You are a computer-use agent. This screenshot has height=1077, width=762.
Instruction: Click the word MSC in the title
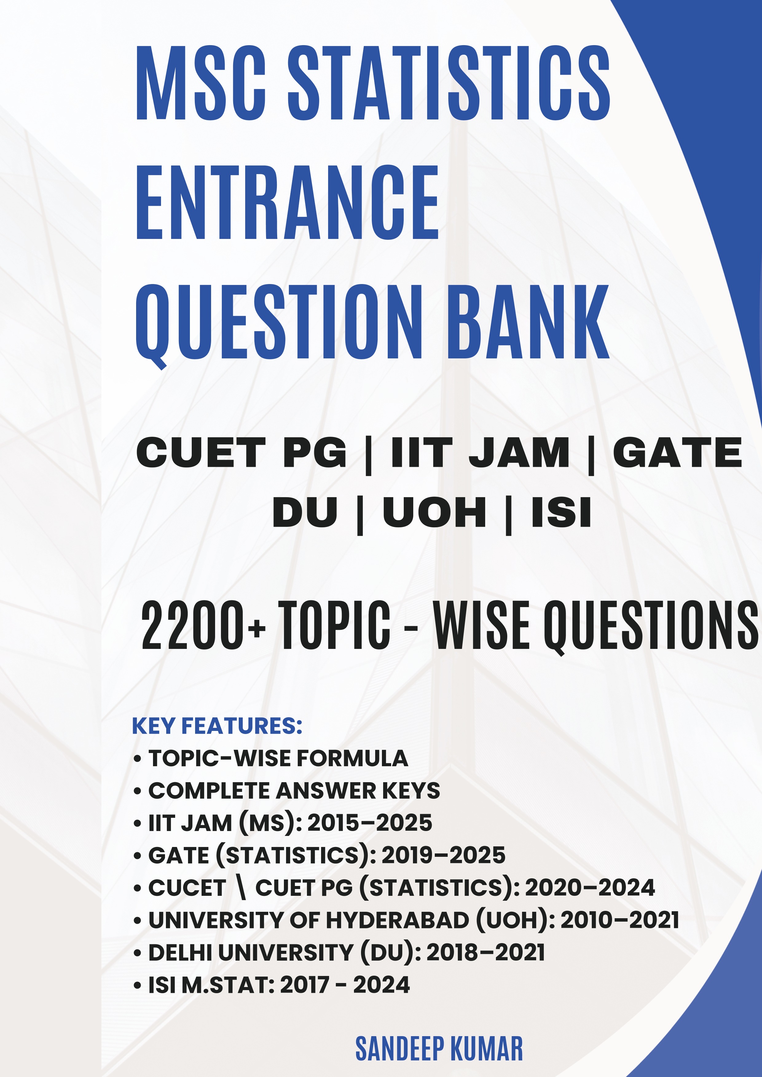[201, 83]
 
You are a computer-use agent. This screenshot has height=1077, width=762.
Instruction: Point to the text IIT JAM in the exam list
[480, 453]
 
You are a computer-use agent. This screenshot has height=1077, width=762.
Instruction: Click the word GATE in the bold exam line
[677, 453]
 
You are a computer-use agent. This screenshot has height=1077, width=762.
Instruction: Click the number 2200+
[203, 625]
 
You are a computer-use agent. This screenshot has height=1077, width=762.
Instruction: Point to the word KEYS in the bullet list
[411, 791]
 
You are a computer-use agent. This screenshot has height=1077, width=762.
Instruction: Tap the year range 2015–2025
[370, 823]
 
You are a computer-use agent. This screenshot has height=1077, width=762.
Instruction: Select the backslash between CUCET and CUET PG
[241, 888]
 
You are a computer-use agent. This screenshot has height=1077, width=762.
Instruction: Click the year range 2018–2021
[486, 952]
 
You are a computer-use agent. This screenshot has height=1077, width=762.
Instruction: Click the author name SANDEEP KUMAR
[439, 1048]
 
